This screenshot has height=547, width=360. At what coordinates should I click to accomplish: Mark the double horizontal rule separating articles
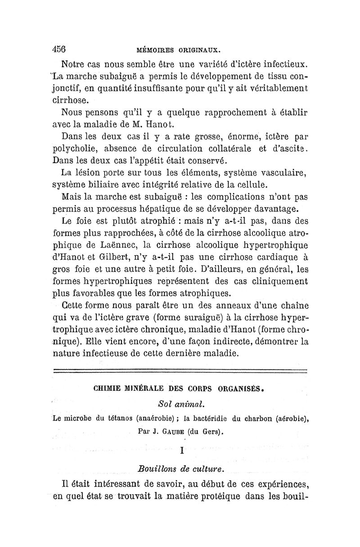point(180,371)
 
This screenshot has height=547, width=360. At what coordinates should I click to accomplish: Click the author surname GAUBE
point(163,432)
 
